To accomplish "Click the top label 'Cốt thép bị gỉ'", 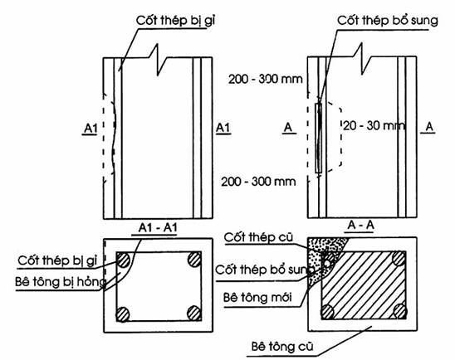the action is (x=175, y=21).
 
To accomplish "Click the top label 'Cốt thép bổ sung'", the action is (x=388, y=21).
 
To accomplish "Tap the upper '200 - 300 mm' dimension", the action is (x=265, y=79).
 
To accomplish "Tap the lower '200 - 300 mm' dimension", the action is (x=258, y=182).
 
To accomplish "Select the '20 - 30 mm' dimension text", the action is (x=374, y=126).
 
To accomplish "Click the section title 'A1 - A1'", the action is (x=158, y=228).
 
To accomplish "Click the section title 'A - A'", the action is (x=360, y=226).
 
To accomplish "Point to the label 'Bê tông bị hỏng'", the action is (x=61, y=282).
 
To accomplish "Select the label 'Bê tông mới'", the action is (x=257, y=298).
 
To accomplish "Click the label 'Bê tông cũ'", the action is (x=282, y=347).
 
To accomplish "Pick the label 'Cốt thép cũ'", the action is (x=258, y=238).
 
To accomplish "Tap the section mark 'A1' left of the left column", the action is (x=91, y=129).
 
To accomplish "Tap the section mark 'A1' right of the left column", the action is (x=223, y=128).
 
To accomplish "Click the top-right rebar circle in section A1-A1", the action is (x=194, y=259).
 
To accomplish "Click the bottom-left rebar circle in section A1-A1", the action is (x=123, y=314).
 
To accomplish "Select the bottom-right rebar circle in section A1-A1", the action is (x=194, y=313).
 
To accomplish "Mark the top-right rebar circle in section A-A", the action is (x=399, y=258).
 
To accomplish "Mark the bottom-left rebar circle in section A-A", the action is (x=328, y=312).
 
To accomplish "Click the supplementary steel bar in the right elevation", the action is (x=319, y=138).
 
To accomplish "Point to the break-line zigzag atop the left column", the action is (x=158, y=60).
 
